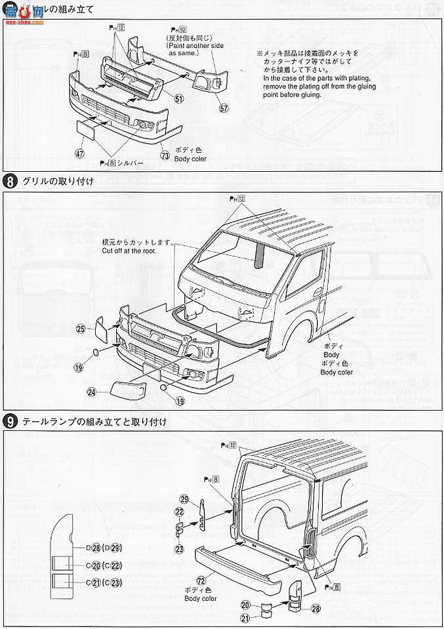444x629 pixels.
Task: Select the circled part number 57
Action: click(x=224, y=108)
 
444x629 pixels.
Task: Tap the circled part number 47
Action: click(x=79, y=154)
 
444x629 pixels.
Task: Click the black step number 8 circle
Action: click(x=11, y=180)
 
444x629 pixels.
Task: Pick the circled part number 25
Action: click(x=81, y=328)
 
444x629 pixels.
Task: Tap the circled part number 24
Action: click(x=92, y=392)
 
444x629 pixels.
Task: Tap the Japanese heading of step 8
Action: click(x=59, y=180)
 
